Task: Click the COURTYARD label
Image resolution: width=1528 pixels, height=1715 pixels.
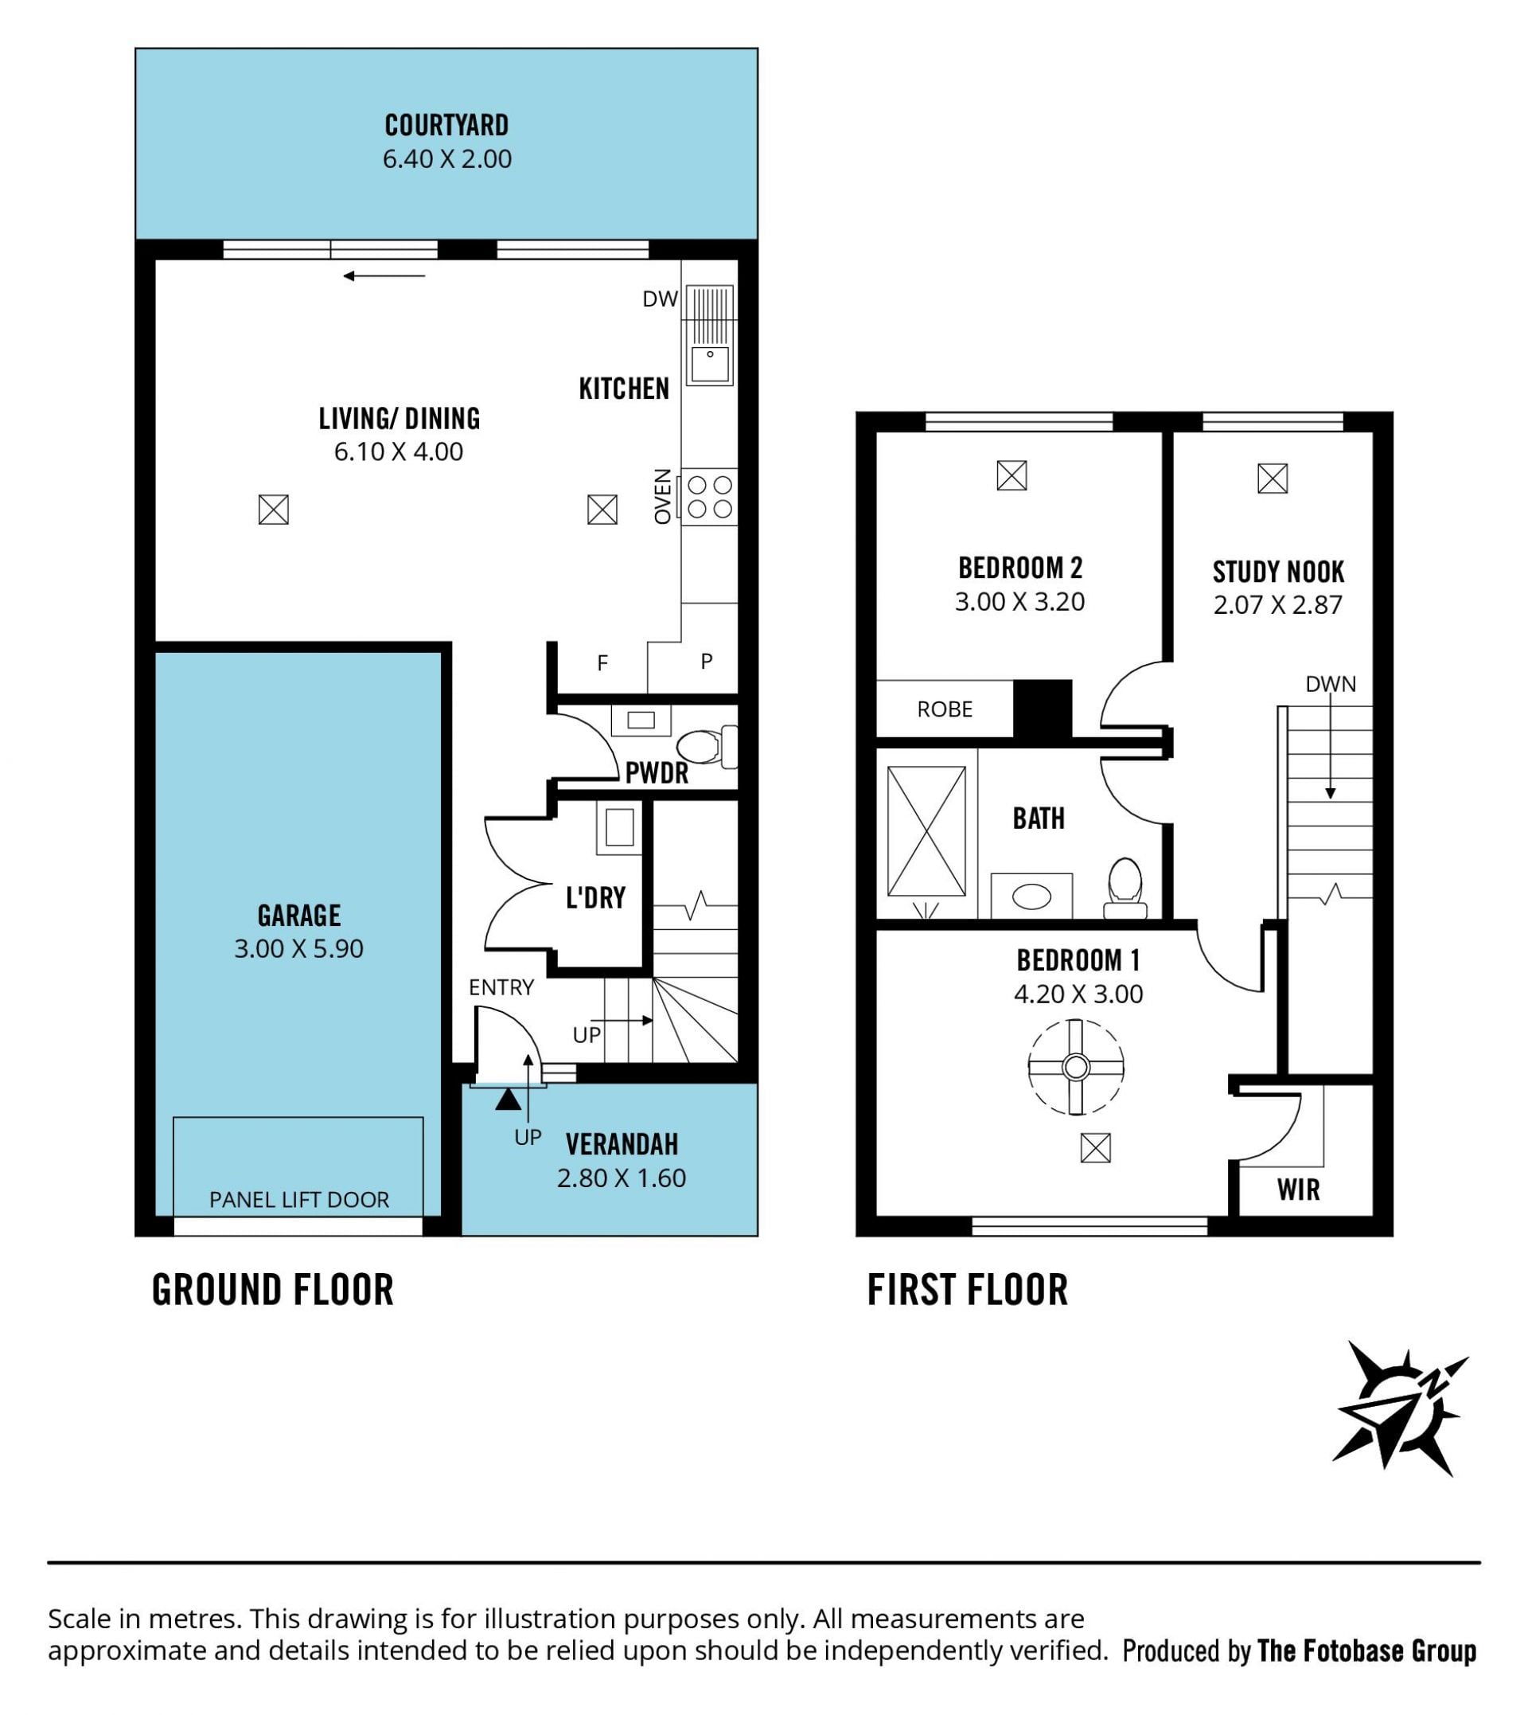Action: (446, 126)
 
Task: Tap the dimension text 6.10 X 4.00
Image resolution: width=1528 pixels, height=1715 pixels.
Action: (399, 452)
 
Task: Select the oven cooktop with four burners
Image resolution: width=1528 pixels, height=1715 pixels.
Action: (709, 497)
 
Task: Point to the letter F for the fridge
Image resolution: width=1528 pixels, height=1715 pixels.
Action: (602, 663)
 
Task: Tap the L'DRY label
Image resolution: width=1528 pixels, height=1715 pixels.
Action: (596, 898)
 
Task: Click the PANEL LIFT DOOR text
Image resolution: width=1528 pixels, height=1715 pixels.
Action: (299, 1199)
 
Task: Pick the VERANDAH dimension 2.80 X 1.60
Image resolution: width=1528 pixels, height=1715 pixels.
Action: (622, 1178)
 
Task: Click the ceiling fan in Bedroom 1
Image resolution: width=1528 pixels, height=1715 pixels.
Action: (1076, 1068)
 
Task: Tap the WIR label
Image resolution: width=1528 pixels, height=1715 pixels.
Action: (1299, 1190)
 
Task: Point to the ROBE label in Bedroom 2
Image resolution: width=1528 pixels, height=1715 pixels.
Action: (945, 709)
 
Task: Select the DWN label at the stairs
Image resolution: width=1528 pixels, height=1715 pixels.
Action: (1331, 685)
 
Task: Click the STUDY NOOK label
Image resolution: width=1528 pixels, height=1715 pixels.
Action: (1279, 572)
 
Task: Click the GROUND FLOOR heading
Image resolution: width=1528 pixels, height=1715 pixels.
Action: (273, 1290)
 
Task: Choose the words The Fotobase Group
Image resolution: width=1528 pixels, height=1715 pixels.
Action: (1366, 1651)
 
